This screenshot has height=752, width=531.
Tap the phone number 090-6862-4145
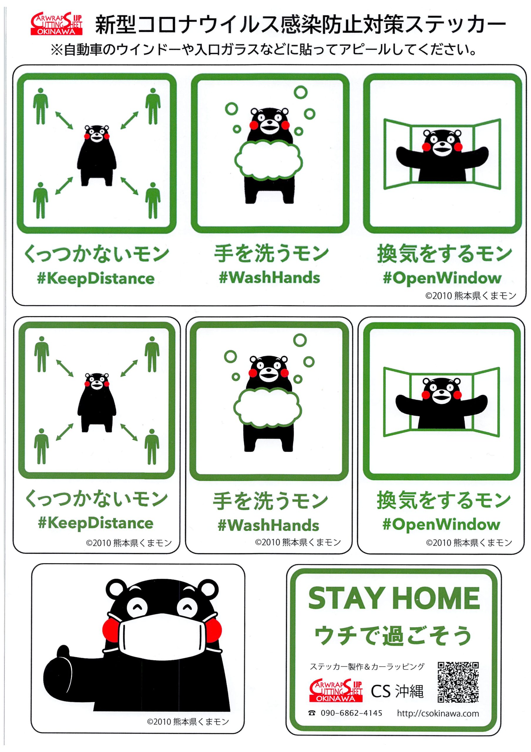[351, 713]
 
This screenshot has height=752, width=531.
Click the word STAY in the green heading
[346, 598]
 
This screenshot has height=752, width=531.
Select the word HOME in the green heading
[436, 598]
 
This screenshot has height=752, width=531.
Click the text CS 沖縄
[397, 691]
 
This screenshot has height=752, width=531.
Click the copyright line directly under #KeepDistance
[129, 543]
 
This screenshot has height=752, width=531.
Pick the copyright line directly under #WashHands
[298, 542]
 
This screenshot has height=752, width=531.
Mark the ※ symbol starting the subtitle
[57, 50]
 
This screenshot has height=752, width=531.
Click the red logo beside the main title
[56, 23]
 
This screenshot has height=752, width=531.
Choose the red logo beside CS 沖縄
[336, 690]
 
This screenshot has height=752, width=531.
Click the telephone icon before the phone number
[312, 713]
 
